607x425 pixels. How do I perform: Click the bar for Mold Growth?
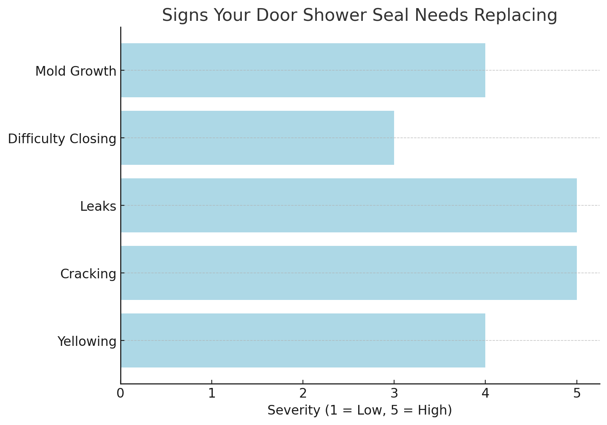click(x=303, y=70)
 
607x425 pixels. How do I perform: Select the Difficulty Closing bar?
click(x=257, y=138)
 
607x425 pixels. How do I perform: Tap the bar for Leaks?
click(x=349, y=205)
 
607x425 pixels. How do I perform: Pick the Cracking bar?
click(x=349, y=273)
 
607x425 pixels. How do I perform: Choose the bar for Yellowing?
click(x=303, y=340)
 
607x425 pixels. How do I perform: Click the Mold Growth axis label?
click(x=76, y=71)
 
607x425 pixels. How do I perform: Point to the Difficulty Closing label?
click(x=62, y=139)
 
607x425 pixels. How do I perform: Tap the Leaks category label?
click(x=98, y=207)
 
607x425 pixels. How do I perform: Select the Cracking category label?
click(x=88, y=274)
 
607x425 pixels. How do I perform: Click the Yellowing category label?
click(x=87, y=342)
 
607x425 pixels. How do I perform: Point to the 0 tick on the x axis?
click(x=121, y=393)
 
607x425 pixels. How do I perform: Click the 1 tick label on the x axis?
click(x=212, y=393)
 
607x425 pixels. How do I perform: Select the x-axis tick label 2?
click(x=303, y=393)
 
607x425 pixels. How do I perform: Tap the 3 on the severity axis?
click(x=394, y=393)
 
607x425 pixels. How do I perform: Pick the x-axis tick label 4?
click(x=485, y=393)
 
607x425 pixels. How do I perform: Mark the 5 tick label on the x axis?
click(x=577, y=393)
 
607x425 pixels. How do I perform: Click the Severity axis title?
click(x=359, y=410)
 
